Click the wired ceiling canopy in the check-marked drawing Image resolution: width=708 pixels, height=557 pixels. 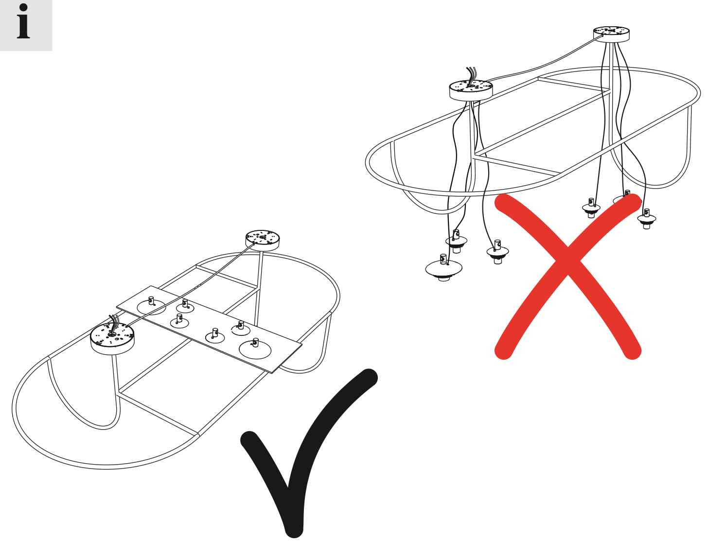112,338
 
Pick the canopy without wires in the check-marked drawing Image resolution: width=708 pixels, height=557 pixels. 263,241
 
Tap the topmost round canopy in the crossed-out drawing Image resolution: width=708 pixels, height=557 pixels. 611,34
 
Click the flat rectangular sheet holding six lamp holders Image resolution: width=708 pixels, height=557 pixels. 209,329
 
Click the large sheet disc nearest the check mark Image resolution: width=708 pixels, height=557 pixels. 255,349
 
